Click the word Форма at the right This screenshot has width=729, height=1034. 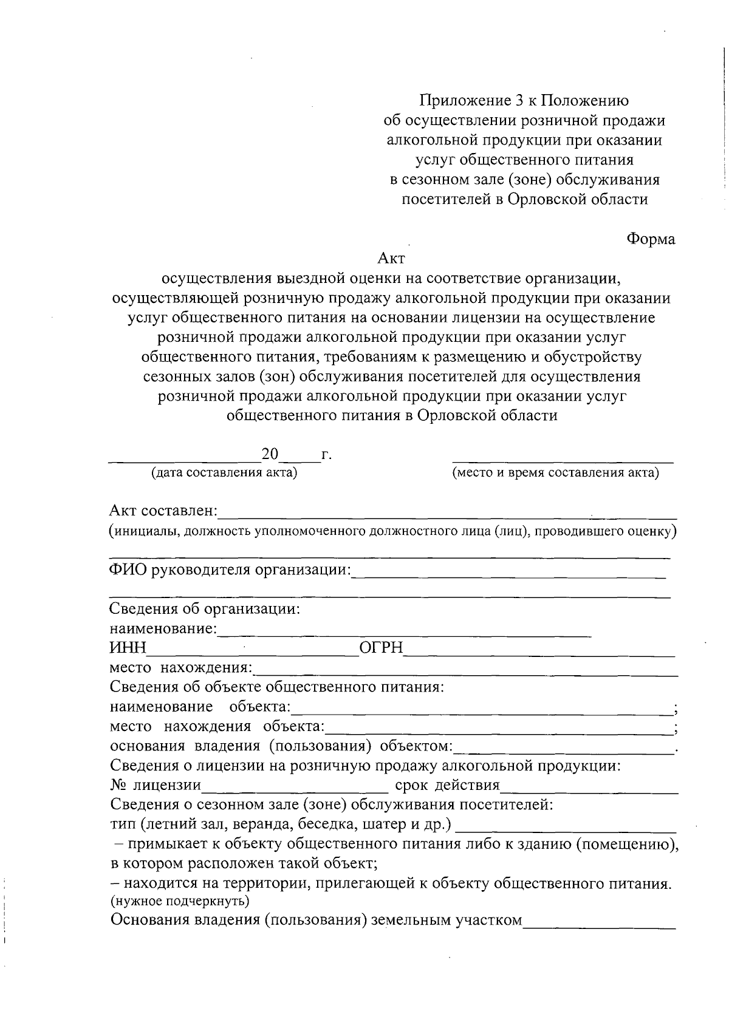(x=651, y=239)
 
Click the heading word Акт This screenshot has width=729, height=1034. (x=391, y=259)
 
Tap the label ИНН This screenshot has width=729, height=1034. (x=128, y=648)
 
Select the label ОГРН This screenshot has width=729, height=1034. (x=382, y=648)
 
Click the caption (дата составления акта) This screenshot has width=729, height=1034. (x=224, y=473)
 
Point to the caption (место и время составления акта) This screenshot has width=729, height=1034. (x=555, y=473)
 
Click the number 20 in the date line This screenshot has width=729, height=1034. (x=269, y=454)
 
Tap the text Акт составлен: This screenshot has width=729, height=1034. (x=163, y=511)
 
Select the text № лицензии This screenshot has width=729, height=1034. (x=156, y=785)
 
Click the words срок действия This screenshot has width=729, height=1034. (x=447, y=785)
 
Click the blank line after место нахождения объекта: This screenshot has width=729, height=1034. (x=498, y=732)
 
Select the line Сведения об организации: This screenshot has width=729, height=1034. (x=205, y=609)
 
